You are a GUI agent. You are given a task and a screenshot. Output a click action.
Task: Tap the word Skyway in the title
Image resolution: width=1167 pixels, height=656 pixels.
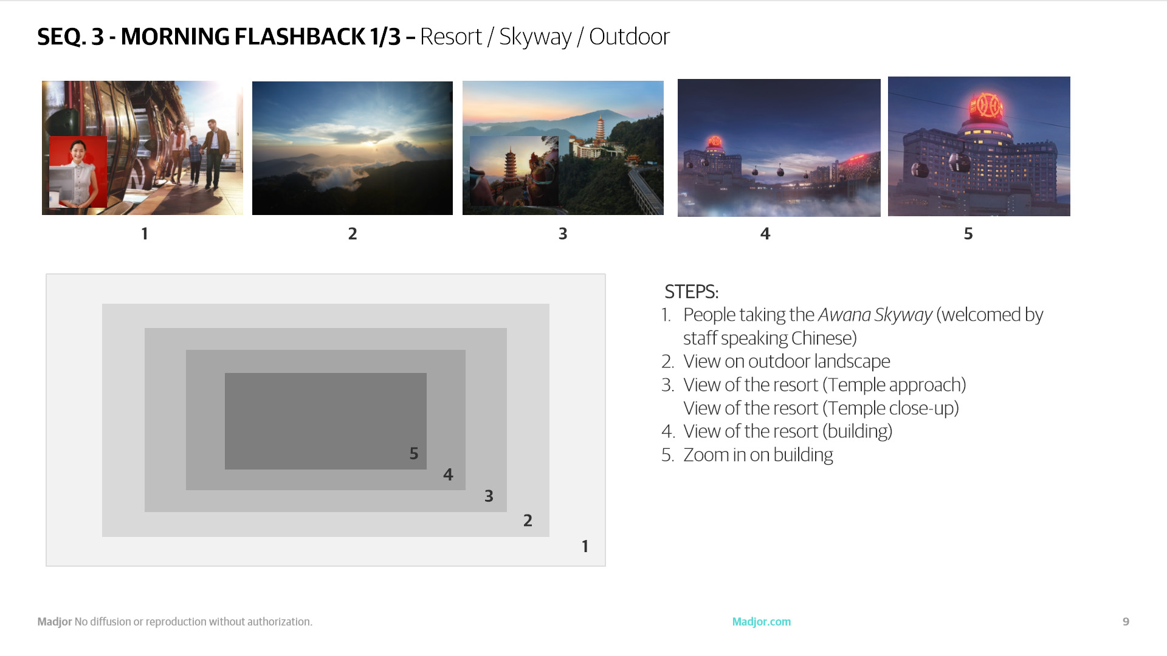[x=535, y=38]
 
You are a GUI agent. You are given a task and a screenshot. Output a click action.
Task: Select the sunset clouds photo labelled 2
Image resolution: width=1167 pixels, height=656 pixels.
[x=353, y=148]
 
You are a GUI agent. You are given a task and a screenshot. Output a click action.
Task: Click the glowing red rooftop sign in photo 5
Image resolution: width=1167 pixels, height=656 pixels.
[x=985, y=106]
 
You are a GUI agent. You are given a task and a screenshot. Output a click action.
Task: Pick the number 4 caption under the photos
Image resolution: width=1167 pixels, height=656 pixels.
[x=765, y=234]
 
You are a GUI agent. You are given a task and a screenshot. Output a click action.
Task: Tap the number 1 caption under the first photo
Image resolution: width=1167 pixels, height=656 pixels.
[x=145, y=234]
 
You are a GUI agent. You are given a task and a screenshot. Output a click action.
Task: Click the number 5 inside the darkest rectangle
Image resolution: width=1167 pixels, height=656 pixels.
[x=414, y=454]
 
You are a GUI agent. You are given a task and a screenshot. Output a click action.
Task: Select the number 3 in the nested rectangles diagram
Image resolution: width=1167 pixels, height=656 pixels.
[x=489, y=496]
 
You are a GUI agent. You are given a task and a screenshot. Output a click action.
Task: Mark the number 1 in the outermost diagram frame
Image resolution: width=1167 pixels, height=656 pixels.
[x=585, y=547]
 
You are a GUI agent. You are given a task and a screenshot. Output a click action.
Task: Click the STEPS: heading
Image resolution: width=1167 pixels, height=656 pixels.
[x=692, y=292]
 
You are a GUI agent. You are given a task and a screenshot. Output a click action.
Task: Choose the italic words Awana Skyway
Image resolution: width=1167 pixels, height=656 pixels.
[x=875, y=315]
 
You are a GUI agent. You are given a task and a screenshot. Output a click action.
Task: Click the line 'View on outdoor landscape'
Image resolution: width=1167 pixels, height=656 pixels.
[x=787, y=361]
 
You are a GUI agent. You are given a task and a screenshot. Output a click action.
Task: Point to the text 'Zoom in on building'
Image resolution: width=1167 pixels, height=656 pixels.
[x=758, y=456]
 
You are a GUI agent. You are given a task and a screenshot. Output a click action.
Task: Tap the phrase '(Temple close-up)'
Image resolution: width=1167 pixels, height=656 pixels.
[x=890, y=409]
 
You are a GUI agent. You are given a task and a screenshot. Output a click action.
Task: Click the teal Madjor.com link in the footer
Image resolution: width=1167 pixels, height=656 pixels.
[x=762, y=622]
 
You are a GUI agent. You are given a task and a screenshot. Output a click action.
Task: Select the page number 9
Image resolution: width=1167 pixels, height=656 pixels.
[x=1126, y=622]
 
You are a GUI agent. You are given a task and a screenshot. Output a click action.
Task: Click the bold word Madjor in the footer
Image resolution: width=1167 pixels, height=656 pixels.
[x=55, y=622]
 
